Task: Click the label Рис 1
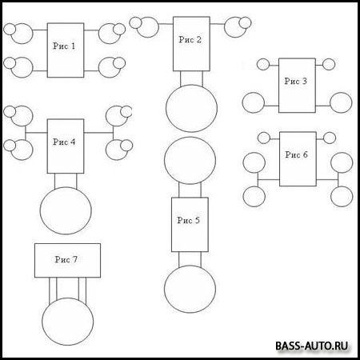tap(64, 46)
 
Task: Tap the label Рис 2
tap(190, 39)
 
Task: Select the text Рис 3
tap(295, 81)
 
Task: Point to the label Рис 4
tap(64, 142)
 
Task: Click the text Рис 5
tap(188, 220)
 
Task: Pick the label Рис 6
tap(296, 154)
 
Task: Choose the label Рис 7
tap(66, 259)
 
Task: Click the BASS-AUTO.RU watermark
tap(312, 346)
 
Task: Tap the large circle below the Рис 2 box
tap(191, 108)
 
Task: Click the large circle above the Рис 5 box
tap(190, 161)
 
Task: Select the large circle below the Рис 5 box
tap(190, 289)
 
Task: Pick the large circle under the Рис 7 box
tap(68, 322)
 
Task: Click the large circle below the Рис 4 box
tap(66, 210)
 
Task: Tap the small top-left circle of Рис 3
tap(263, 64)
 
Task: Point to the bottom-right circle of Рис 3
tap(341, 102)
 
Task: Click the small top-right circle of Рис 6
tap(330, 138)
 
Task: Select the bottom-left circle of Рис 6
tap(254, 197)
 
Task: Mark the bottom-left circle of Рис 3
tap(254, 102)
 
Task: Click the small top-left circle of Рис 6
tap(264, 138)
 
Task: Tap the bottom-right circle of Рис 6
tap(342, 197)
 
